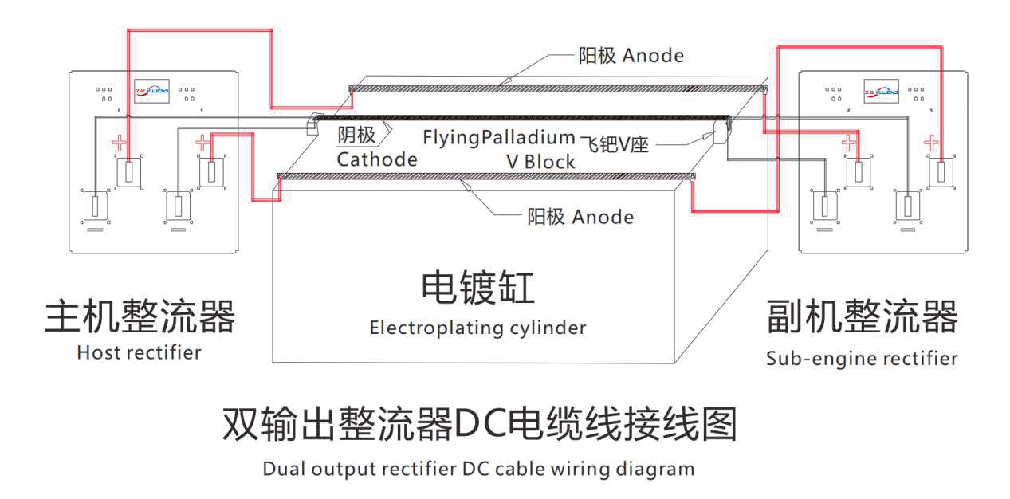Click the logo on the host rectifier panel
[151, 89]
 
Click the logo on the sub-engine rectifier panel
[881, 89]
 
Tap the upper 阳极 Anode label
[631, 56]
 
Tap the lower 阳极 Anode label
[580, 217]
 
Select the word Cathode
[376, 159]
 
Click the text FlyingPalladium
[498, 137]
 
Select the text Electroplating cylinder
[477, 328]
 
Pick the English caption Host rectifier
[139, 352]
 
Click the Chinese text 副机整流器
[862, 316]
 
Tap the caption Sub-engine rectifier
[862, 359]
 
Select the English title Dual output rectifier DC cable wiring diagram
[478, 468]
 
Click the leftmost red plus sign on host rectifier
[119, 144]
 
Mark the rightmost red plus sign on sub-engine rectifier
[930, 143]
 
